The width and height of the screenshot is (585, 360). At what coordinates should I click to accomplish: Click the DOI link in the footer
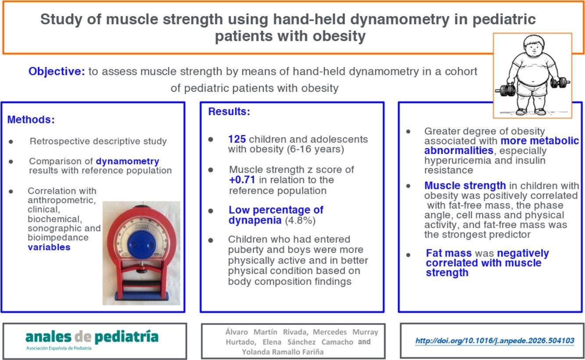pos(495,341)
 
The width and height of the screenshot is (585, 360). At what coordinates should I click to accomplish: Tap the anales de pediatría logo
pos(92,340)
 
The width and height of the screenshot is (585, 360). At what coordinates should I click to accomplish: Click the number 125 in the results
pos(237,139)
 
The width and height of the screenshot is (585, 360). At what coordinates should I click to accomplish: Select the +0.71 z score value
pos(242,180)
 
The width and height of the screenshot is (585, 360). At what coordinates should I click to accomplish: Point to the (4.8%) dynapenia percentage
pos(300,220)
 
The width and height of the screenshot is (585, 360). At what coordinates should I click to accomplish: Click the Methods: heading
pos(31,120)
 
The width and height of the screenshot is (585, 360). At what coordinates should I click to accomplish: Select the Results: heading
pos(229,112)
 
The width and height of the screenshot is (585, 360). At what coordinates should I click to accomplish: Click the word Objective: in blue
pos(57,71)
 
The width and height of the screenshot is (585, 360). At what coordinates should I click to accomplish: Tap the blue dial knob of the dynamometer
pos(141,245)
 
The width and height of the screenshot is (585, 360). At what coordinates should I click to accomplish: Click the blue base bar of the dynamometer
pos(141,296)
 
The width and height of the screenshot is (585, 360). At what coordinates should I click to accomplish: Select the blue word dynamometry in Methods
pos(127,161)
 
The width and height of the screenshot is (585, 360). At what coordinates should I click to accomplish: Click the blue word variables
pos(49,247)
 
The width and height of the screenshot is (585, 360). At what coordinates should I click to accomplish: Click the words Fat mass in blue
pos(449,253)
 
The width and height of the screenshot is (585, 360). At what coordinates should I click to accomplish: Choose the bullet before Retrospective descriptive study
pos(11,142)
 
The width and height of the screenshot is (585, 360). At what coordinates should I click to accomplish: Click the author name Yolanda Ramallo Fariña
pos(283,352)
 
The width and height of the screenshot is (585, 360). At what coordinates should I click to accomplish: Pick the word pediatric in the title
pos(504,19)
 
